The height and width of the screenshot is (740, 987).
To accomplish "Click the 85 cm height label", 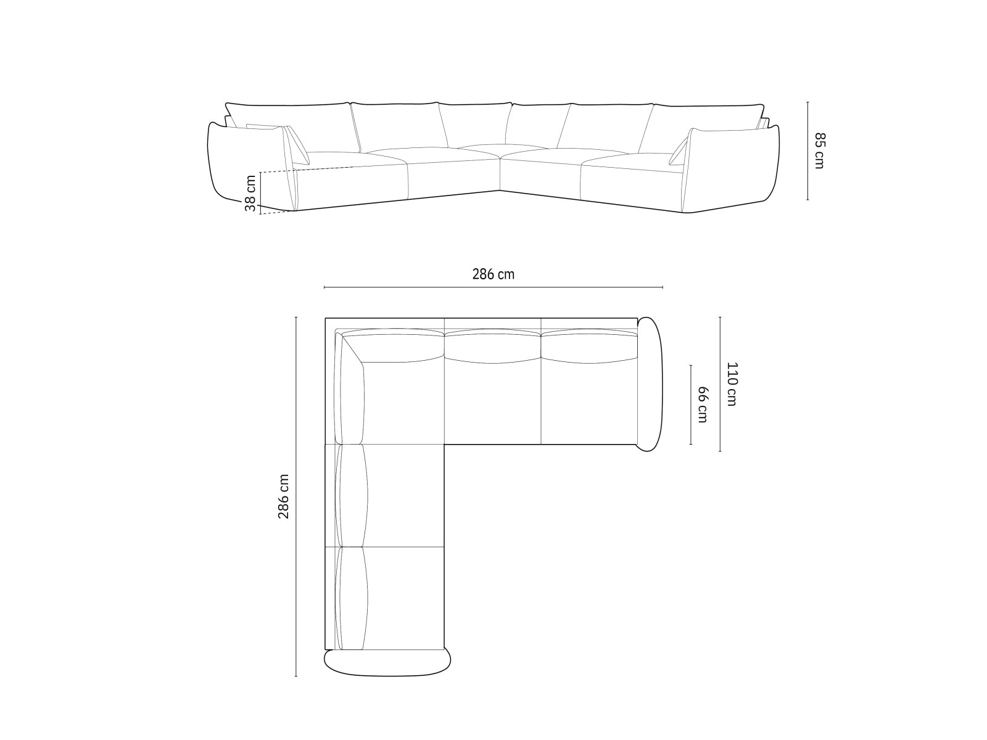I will [x=819, y=150].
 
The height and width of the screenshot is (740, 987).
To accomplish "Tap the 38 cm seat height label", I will [x=250, y=193].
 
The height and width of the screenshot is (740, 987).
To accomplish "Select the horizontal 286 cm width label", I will [x=493, y=274].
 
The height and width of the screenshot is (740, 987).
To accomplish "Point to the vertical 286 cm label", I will [x=283, y=496].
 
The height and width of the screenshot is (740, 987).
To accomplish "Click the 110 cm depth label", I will [x=732, y=384].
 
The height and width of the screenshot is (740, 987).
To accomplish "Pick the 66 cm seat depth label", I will [x=702, y=405].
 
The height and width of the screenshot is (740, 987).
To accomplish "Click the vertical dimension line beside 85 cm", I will [x=807, y=150].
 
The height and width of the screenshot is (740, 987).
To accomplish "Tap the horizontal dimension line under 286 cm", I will [x=493, y=287].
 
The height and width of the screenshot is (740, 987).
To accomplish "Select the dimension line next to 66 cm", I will [x=691, y=405].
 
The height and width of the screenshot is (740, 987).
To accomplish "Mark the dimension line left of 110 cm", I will [x=720, y=384].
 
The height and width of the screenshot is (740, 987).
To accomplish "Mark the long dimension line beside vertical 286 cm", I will [x=296, y=496].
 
